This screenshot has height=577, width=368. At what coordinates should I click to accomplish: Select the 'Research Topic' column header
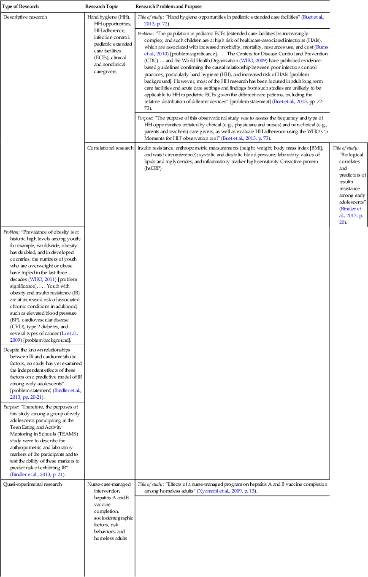tap(101, 7)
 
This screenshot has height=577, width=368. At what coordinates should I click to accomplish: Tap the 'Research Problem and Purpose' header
tap(168, 7)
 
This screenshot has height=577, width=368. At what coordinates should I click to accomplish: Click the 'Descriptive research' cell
tap(25, 17)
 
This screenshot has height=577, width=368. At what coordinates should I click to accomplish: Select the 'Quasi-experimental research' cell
tap(32, 484)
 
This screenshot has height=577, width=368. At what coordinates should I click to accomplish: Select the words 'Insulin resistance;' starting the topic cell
tap(156, 148)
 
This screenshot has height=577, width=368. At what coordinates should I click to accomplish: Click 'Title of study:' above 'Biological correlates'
tap(345, 148)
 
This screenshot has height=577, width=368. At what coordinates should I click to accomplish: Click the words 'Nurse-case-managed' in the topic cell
tap(107, 484)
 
